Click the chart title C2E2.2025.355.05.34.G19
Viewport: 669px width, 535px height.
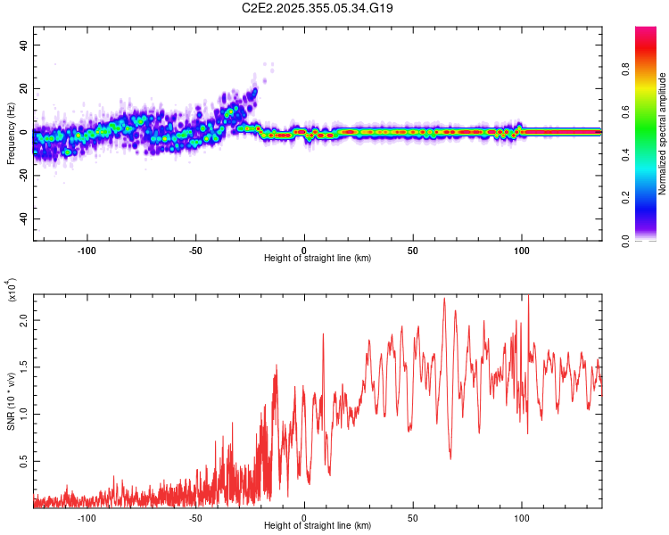318,8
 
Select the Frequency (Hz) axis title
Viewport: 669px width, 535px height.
11,132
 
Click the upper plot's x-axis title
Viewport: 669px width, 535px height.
318,258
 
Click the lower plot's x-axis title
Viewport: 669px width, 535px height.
318,525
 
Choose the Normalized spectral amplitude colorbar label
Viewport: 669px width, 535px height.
663,134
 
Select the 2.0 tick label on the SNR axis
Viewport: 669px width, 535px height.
24,319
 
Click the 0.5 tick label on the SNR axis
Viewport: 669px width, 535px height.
24,461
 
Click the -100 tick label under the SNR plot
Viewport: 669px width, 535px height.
87,517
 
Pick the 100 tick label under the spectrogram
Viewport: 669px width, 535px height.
521,250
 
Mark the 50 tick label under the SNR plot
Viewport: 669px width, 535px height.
413,517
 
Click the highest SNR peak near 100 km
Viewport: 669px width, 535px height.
528,296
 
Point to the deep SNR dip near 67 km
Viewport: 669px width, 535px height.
450,458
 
